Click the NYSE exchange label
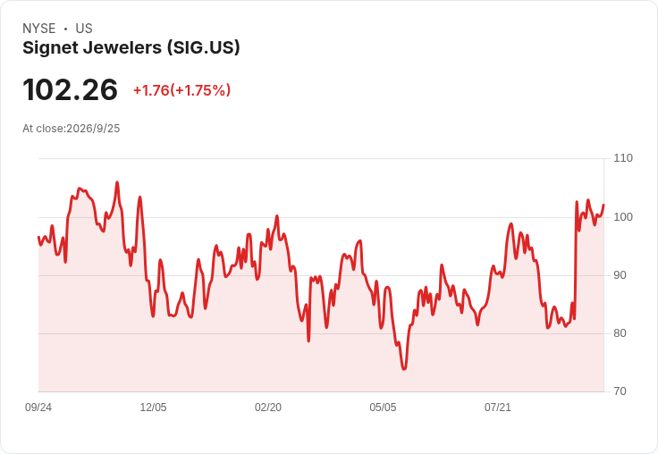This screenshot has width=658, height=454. coord(39,29)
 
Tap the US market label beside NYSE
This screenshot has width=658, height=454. coord(84,29)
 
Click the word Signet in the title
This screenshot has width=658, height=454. coord(50,48)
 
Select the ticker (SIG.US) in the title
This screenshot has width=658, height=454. coord(204,47)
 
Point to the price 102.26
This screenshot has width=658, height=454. coord(70,89)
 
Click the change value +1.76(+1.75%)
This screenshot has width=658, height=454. coord(181,90)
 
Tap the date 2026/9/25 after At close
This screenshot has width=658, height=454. coord(93,129)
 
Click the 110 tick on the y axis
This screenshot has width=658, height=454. coord(623,158)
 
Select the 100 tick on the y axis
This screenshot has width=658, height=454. coord(623,217)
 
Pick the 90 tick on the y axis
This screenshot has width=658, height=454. coord(620,275)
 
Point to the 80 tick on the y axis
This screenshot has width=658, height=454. coord(620,333)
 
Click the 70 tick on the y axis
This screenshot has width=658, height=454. coord(620,391)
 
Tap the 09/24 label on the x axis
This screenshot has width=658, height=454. coord(38,408)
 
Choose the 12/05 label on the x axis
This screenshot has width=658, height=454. coord(153,408)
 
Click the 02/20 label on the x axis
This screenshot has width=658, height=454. coord(268,408)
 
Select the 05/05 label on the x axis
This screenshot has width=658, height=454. coord(383,408)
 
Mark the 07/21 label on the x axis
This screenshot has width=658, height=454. coord(498,408)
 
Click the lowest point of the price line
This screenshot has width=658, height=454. coord(404,369)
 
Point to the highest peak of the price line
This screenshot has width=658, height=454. coord(117,182)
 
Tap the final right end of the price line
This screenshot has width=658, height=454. coord(603,205)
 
